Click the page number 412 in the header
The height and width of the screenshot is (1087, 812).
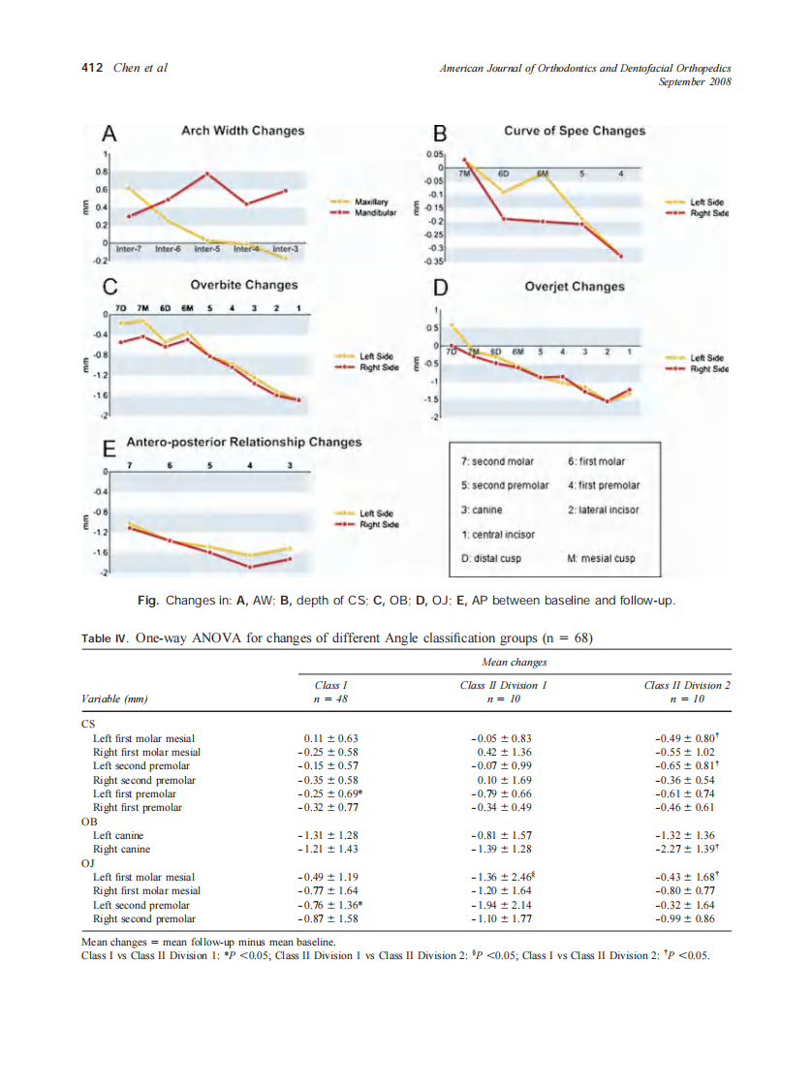coord(92,68)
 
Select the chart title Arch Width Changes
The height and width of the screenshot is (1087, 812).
coord(242,131)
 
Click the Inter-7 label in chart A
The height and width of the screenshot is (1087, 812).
coord(128,250)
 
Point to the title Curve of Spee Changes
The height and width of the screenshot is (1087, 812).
coord(574,131)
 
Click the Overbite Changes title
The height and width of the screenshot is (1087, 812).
coord(244,286)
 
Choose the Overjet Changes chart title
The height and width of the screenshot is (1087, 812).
coord(575,287)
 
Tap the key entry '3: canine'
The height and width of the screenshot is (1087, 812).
coord(483,510)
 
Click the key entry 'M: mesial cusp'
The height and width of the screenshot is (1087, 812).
coord(601,558)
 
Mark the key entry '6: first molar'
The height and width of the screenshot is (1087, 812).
coord(596,461)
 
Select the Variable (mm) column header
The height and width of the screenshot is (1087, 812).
coord(114,699)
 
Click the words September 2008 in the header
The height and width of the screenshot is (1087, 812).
coord(694,81)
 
